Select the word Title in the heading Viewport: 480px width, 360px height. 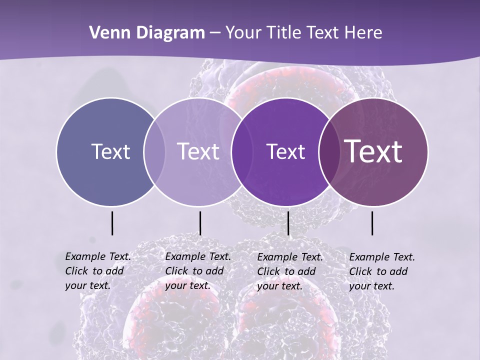coord(285,33)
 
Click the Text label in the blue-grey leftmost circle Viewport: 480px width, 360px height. coord(110,151)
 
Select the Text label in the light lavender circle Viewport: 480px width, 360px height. coord(198,151)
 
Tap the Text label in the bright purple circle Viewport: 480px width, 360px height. coord(285,151)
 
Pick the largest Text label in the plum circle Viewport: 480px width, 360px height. coord(373,151)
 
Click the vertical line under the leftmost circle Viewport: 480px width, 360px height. coord(112,223)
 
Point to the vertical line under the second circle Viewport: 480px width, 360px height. coord(200,223)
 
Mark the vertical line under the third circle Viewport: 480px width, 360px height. coord(288,223)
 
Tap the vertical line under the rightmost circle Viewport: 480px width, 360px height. coord(372,223)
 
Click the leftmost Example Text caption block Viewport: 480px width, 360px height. coord(97,271)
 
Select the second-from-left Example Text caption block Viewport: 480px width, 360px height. coord(197,271)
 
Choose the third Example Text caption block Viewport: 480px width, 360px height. coord(289,271)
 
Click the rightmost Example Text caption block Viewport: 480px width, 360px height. coord(381,271)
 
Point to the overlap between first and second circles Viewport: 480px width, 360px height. coord(154,151)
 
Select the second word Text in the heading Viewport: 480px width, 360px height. coord(323,33)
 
